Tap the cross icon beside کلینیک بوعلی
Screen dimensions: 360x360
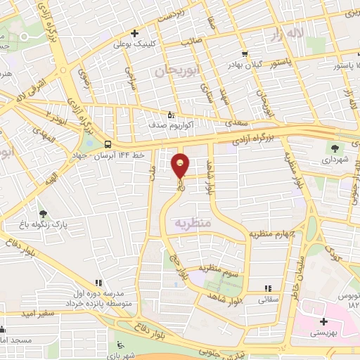tap(134, 32)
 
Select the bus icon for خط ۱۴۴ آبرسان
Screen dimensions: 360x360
tap(107, 144)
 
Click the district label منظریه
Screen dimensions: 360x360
tap(193, 223)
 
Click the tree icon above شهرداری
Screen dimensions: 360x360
tap(335, 148)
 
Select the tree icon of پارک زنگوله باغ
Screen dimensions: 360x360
tap(44, 214)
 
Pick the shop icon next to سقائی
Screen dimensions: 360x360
tap(268, 288)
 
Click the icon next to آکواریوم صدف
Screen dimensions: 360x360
tap(171, 114)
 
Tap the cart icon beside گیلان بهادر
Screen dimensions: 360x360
tap(244, 53)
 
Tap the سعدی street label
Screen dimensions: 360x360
tap(237, 123)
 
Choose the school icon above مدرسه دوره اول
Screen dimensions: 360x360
tap(98, 282)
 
